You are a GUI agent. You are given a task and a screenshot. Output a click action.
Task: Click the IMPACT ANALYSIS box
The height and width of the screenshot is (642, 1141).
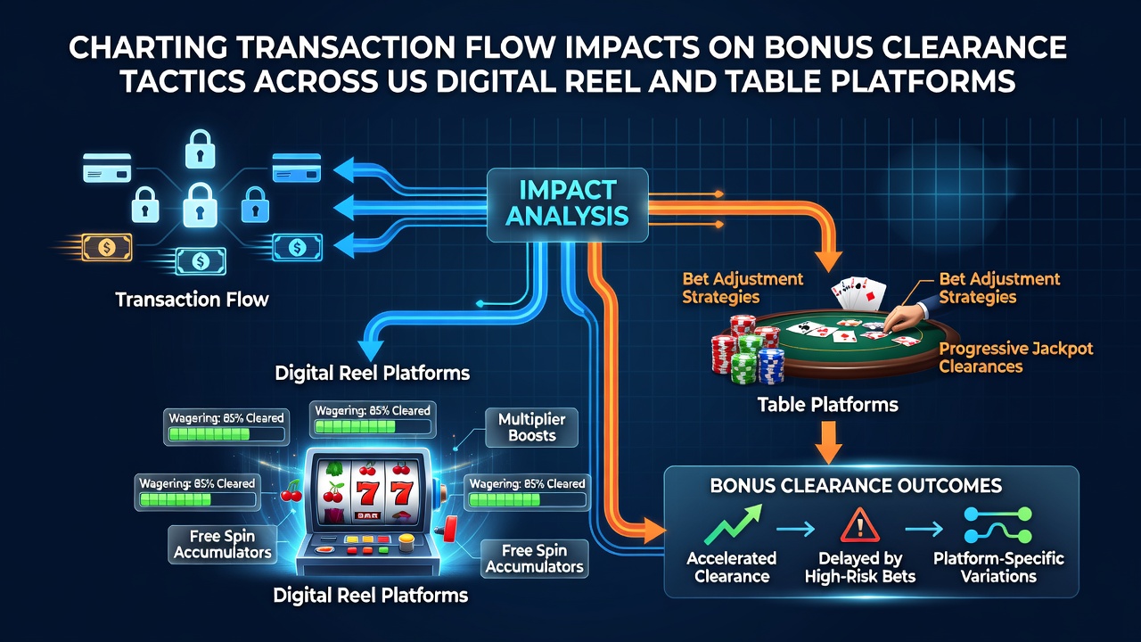pos(568,205)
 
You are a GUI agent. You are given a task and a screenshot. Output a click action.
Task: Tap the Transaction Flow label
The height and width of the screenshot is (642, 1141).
pos(192,300)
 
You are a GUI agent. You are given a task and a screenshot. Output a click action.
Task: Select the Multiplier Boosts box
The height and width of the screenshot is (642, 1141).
pos(532,427)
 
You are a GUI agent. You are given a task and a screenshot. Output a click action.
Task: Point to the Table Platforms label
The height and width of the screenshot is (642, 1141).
pos(828,405)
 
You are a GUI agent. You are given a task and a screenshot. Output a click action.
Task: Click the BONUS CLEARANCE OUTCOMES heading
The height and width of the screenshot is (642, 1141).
pos(856,486)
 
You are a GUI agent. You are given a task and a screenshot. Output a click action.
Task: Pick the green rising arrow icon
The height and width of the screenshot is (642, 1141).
pos(733,524)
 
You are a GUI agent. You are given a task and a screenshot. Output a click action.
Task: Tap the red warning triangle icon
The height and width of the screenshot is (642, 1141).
pos(860,524)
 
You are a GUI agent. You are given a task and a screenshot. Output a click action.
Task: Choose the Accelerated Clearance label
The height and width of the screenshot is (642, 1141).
pos(732,567)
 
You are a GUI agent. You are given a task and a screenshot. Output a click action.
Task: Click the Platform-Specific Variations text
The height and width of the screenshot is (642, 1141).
pos(998,567)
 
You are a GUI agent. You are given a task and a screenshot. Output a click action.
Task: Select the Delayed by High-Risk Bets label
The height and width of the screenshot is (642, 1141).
pos(860,567)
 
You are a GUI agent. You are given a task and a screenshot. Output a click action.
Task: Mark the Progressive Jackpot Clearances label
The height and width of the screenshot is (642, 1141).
pos(1015,358)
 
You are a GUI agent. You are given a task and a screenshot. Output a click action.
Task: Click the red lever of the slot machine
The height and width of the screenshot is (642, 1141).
pos(449,528)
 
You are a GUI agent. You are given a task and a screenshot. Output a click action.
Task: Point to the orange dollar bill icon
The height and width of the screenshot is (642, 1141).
pos(106,248)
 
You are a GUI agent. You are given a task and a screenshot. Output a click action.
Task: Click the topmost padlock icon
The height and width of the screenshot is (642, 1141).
pos(200,149)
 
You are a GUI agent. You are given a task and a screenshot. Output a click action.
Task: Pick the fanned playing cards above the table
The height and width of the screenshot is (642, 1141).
pos(858,293)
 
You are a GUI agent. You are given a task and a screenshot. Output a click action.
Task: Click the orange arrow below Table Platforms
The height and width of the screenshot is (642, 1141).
pos(828,441)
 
